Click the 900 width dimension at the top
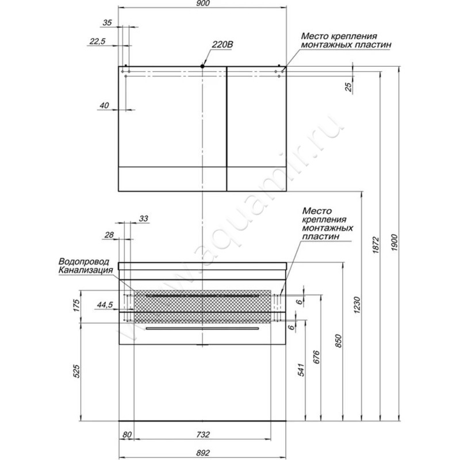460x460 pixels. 203,3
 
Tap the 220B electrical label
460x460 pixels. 223,44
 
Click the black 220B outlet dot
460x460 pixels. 202,66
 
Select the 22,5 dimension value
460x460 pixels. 97,41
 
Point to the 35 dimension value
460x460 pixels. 108,22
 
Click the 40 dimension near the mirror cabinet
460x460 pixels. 104,105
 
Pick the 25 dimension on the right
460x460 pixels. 348,87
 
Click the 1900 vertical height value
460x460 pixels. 394,242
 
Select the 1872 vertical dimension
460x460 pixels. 376,246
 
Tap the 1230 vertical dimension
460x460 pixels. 356,305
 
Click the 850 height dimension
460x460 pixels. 338,340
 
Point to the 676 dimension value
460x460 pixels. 317,356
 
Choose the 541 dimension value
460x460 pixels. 301,370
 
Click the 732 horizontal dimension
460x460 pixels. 203,434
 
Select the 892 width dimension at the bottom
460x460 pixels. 203,453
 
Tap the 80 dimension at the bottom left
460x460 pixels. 127,435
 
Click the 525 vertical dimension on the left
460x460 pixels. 76,371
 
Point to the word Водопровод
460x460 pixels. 84,262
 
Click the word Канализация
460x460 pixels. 86,270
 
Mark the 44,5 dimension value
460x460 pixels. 105,305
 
